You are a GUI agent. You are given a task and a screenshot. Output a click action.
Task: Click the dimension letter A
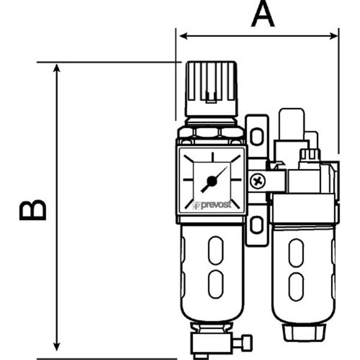click(x=263, y=14)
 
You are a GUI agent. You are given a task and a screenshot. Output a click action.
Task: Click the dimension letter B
click(x=33, y=210)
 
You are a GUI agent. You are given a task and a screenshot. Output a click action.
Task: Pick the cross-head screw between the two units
click(x=257, y=179)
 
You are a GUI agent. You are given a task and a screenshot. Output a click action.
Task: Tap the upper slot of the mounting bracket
click(x=257, y=137)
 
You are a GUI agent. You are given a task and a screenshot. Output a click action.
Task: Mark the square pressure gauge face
click(x=212, y=179)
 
